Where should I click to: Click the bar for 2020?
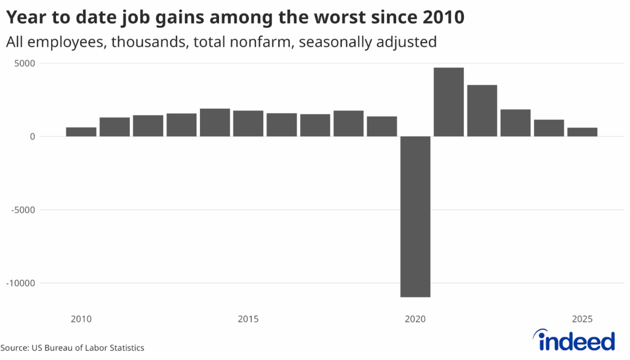[415, 216]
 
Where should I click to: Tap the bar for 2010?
[81, 132]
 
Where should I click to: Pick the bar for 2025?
[582, 132]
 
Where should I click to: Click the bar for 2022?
[482, 110]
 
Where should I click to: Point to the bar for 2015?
[248, 123]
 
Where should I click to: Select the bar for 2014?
[215, 122]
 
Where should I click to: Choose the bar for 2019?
[382, 126]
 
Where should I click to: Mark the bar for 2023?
[516, 122]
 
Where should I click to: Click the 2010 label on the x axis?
[81, 319]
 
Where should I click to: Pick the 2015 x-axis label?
[248, 319]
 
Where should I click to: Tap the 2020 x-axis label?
[415, 319]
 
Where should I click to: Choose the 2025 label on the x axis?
[582, 319]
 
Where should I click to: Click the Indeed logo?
[575, 340]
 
